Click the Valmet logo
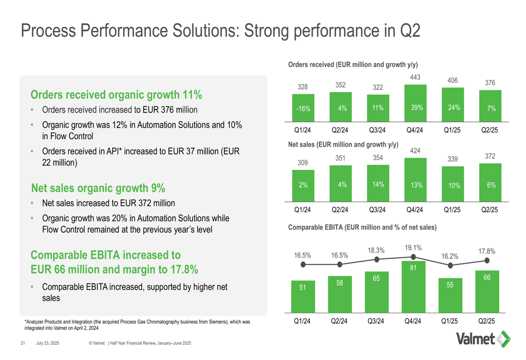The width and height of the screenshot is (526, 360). (482, 339)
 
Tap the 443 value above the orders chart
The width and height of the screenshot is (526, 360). (414, 77)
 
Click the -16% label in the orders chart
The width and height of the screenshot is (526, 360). (303, 109)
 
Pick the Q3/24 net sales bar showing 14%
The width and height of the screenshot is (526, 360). (377, 184)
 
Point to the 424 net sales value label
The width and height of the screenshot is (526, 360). (414, 151)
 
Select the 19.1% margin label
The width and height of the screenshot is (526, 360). (414, 247)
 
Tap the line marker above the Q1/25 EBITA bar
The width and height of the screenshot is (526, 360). (450, 265)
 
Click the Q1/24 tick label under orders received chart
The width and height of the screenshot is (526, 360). (303, 130)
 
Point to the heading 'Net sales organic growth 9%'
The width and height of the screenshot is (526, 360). (98, 188)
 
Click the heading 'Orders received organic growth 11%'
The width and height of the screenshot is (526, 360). (117, 95)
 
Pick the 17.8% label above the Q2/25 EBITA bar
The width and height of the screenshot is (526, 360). (487, 252)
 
